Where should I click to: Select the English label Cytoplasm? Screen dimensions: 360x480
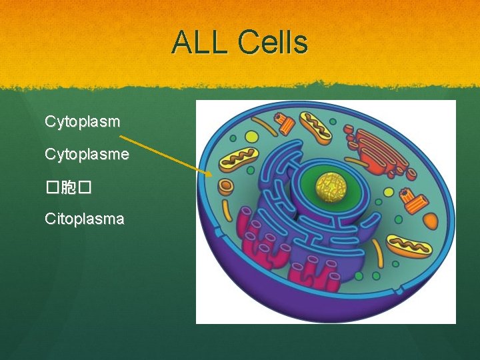[x=82, y=122]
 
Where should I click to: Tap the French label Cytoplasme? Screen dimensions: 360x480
[x=87, y=154]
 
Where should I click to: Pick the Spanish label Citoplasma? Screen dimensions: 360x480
[x=84, y=218]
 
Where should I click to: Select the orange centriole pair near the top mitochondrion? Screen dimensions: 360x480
[x=285, y=123]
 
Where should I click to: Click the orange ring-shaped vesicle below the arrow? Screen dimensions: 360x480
[x=226, y=185]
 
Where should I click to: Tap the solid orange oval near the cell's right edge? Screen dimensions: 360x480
[x=430, y=221]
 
